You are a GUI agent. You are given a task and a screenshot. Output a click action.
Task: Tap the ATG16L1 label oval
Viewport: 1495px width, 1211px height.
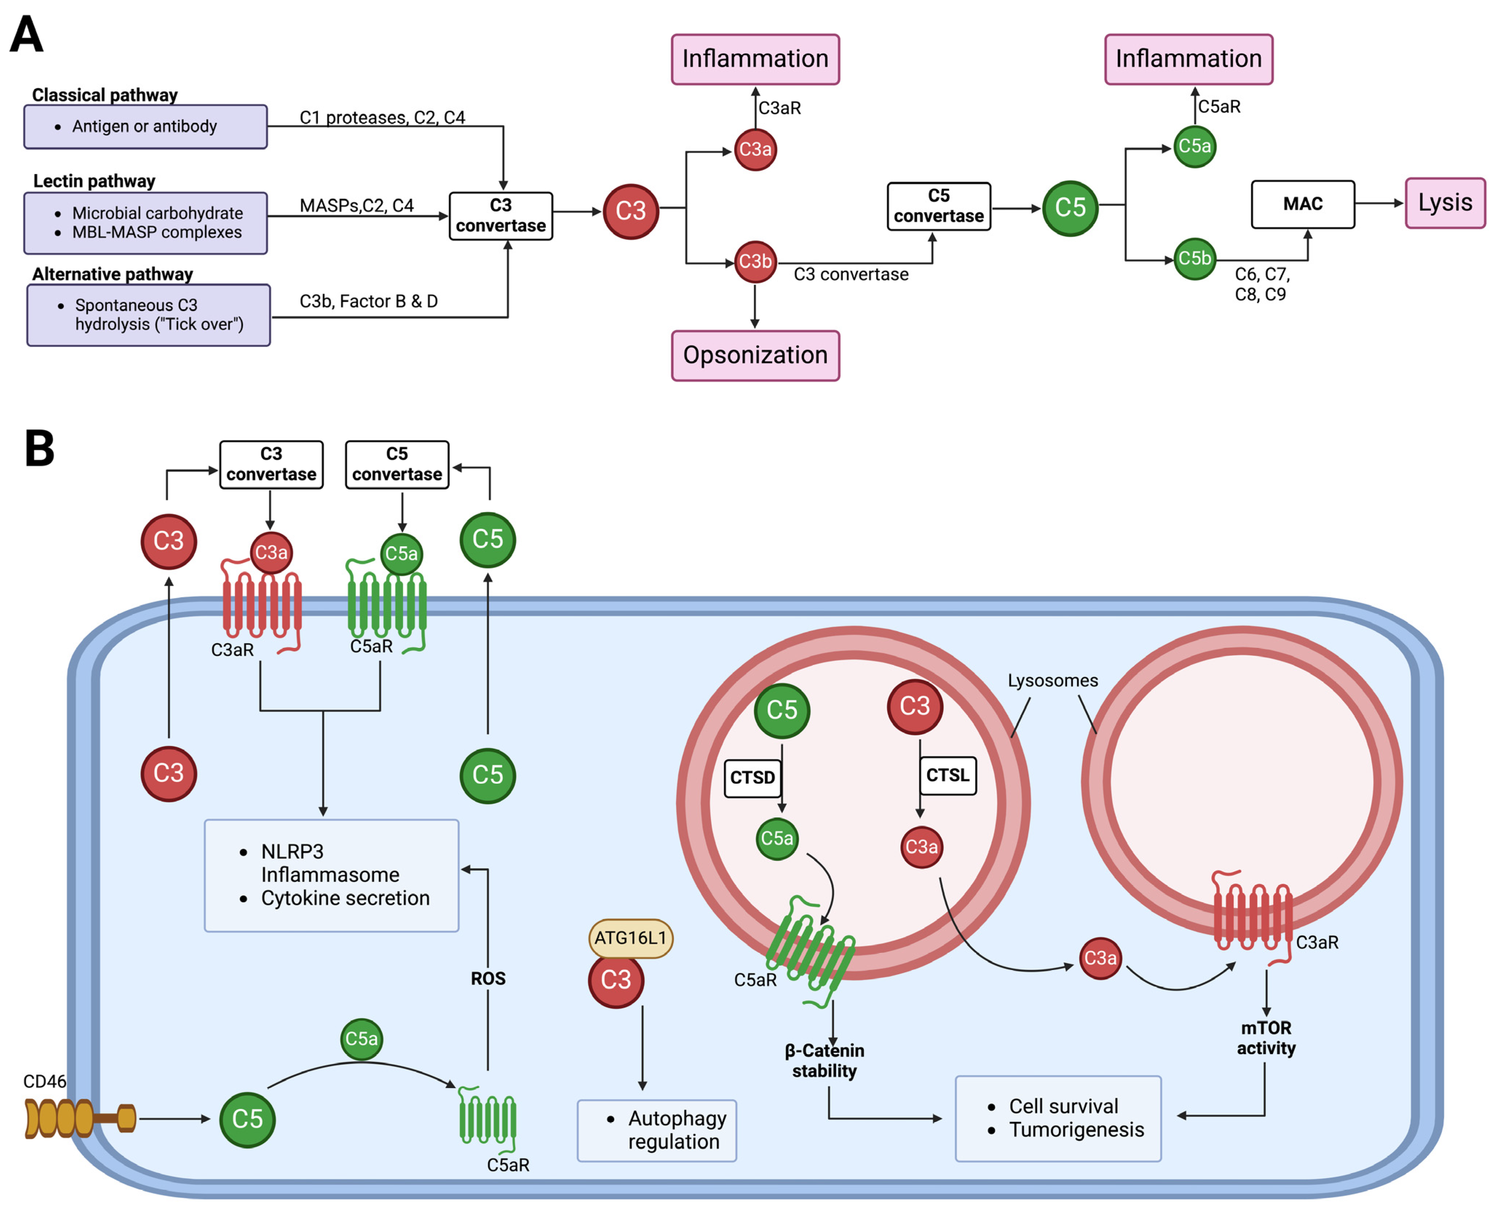[x=630, y=938]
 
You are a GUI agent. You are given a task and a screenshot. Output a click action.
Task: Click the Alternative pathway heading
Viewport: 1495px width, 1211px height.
[x=112, y=274]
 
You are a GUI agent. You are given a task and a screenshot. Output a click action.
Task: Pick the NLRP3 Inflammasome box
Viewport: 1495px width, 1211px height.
[x=331, y=875]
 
